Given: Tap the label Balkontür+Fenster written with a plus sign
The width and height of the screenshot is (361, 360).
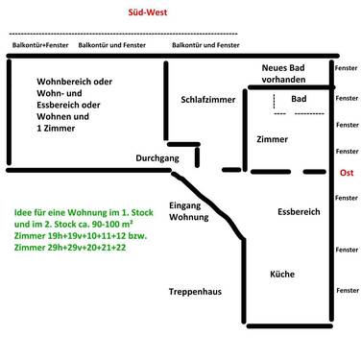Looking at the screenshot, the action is coord(38,45).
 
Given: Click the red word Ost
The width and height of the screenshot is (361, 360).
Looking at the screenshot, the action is coord(347,173).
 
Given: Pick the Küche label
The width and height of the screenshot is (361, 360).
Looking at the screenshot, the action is coord(282,273).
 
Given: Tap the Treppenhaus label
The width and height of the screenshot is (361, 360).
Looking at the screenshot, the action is coord(197,291).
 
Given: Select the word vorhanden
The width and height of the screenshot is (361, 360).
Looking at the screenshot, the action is coord(293,82).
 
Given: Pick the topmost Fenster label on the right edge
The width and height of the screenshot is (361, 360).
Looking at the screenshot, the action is coord(346,70).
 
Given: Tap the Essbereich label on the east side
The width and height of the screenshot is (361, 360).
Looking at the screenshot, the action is coord(299,211).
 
